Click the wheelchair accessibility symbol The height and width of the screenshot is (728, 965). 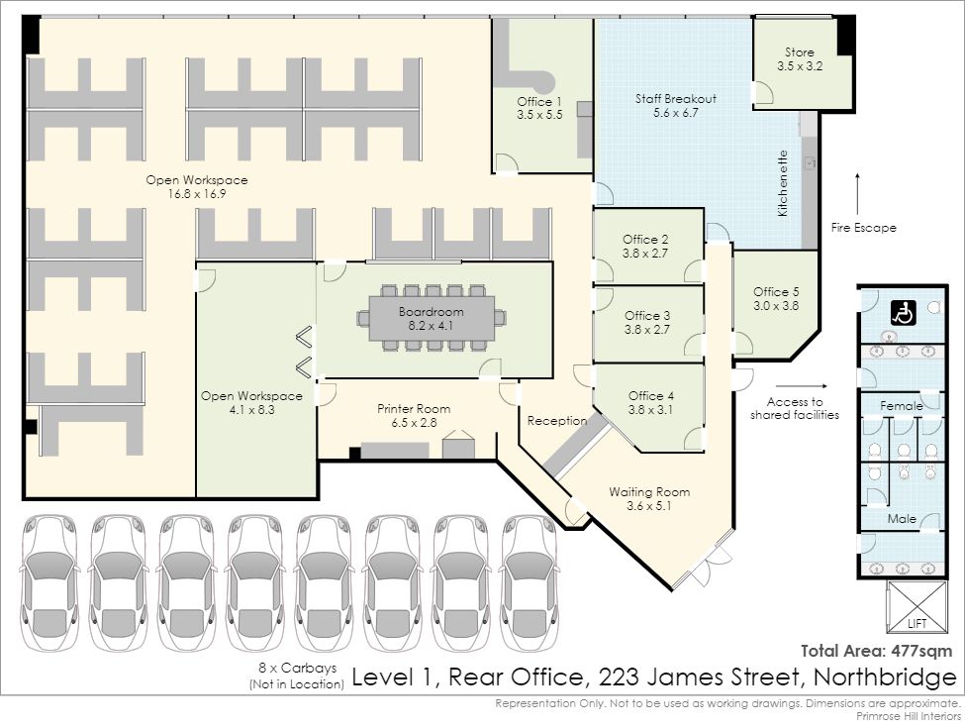tap(903, 313)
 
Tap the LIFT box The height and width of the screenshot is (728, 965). tap(917, 606)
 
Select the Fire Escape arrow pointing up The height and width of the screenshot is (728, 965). tap(857, 194)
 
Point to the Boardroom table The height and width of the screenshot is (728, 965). tap(432, 318)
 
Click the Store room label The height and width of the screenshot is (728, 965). tap(800, 59)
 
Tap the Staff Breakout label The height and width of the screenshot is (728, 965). tap(676, 105)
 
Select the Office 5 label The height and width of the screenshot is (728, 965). tap(776, 298)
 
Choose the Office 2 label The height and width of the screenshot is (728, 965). tap(645, 246)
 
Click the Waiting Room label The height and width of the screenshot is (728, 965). tap(649, 498)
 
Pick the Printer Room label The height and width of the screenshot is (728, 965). tap(414, 415)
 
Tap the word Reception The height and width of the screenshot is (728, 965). tap(557, 421)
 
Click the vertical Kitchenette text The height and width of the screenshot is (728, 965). tap(782, 183)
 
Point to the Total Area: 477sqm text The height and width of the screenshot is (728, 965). tap(876, 651)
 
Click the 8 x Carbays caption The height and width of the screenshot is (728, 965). tap(297, 676)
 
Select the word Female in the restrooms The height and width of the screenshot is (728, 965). tap(901, 406)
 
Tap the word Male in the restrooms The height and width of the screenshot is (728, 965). tap(902, 519)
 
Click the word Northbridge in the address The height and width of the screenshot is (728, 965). tap(885, 676)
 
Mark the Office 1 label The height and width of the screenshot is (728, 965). tap(539, 108)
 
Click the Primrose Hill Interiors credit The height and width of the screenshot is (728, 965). tap(909, 716)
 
